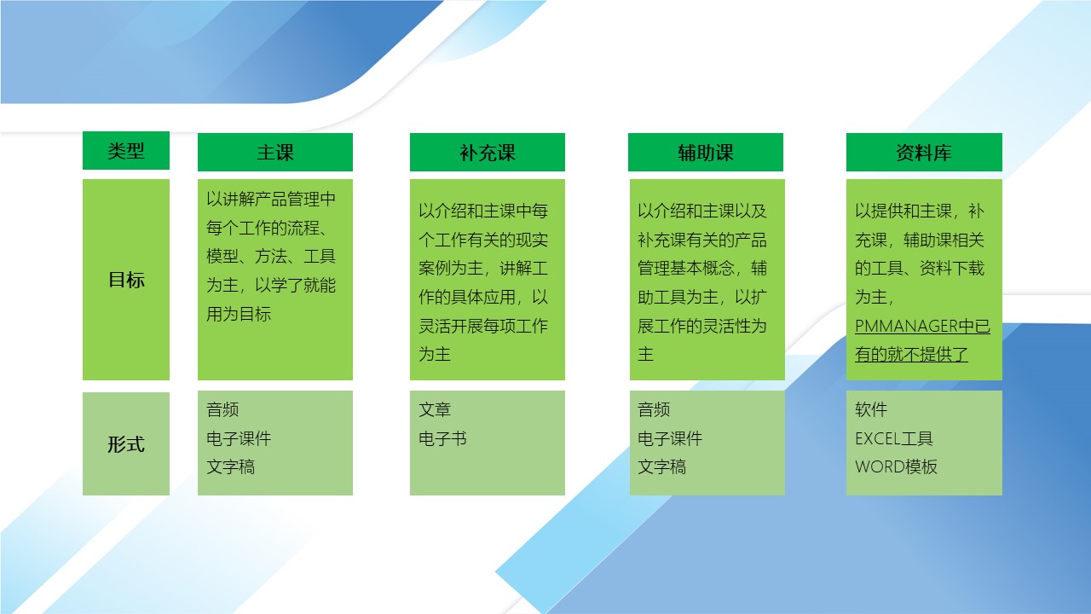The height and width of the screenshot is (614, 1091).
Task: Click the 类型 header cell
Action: coord(126,151)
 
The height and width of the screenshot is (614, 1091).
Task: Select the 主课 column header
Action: coord(275,152)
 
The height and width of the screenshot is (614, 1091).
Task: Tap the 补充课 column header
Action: coord(488,152)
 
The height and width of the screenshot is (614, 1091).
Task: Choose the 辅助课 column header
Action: coord(706,152)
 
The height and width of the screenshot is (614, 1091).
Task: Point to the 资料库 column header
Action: coord(924,152)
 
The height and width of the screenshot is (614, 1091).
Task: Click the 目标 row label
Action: coord(126,280)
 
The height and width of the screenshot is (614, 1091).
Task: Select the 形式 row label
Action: coord(126,444)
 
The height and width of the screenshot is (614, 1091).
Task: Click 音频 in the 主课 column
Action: coord(222,409)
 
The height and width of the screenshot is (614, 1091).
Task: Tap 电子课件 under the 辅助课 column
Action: coord(670,438)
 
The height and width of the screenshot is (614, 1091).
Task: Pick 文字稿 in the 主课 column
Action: coord(230,466)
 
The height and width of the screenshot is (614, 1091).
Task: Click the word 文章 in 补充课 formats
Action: coord(435,409)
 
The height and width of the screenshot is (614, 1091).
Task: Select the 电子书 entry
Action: coord(442,438)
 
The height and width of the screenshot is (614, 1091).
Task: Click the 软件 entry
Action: coord(871,409)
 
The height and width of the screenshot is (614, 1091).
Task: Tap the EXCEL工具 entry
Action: coord(894,438)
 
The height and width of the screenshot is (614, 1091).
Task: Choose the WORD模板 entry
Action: coord(896,466)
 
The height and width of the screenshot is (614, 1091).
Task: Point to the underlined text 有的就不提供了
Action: coord(911,354)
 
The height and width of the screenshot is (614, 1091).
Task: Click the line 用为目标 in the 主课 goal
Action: coord(239,314)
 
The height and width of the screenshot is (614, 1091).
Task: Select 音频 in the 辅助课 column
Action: coord(654,409)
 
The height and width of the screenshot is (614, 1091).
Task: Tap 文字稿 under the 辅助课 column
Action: coord(662,466)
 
